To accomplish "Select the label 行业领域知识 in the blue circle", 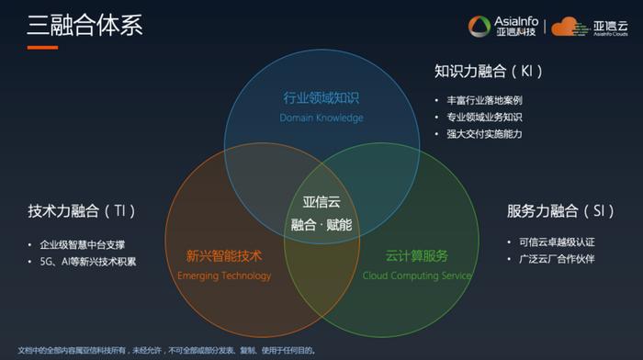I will [x=321, y=98].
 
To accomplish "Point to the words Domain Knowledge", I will [x=321, y=118].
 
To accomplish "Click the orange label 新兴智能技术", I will [x=224, y=256].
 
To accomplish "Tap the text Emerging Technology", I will [x=224, y=276].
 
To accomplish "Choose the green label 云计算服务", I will [x=417, y=256].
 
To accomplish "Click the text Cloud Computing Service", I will [x=417, y=276].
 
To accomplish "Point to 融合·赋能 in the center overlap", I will [x=321, y=224].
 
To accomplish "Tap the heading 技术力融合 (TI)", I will [x=82, y=211].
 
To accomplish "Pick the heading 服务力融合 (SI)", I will [x=560, y=211].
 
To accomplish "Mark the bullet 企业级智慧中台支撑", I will [x=83, y=245].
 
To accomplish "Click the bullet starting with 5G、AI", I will [x=88, y=262].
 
